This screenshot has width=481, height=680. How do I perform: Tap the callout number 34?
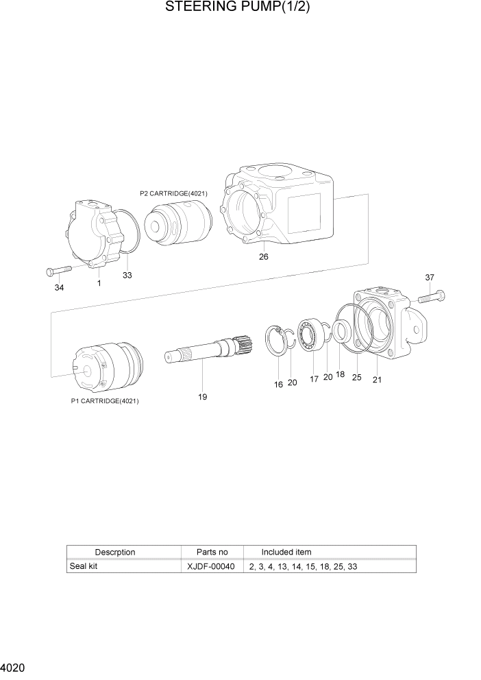pyautogui.click(x=59, y=287)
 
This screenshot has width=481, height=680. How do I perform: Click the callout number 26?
pyautogui.click(x=263, y=257)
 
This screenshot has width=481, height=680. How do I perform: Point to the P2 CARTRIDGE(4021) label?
pyautogui.click(x=173, y=193)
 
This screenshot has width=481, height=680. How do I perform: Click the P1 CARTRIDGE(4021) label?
pyautogui.click(x=105, y=401)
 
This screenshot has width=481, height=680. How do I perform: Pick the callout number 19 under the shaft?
pyautogui.click(x=203, y=397)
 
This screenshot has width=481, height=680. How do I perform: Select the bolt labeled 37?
pyautogui.click(x=430, y=297)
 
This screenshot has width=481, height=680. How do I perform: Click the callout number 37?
pyautogui.click(x=430, y=278)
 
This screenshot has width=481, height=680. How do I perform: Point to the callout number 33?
pyautogui.click(x=127, y=275)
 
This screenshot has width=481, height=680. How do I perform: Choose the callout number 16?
pyautogui.click(x=278, y=385)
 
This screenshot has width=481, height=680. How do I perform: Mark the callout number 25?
pyautogui.click(x=356, y=377)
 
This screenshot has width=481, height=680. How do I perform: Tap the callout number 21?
pyautogui.click(x=377, y=380)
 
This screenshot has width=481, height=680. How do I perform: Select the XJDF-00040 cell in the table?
pyautogui.click(x=210, y=567)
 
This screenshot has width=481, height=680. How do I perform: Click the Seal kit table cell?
pyautogui.click(x=84, y=567)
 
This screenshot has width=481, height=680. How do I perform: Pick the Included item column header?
pyautogui.click(x=286, y=552)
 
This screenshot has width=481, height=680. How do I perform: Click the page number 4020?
pyautogui.click(x=14, y=667)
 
